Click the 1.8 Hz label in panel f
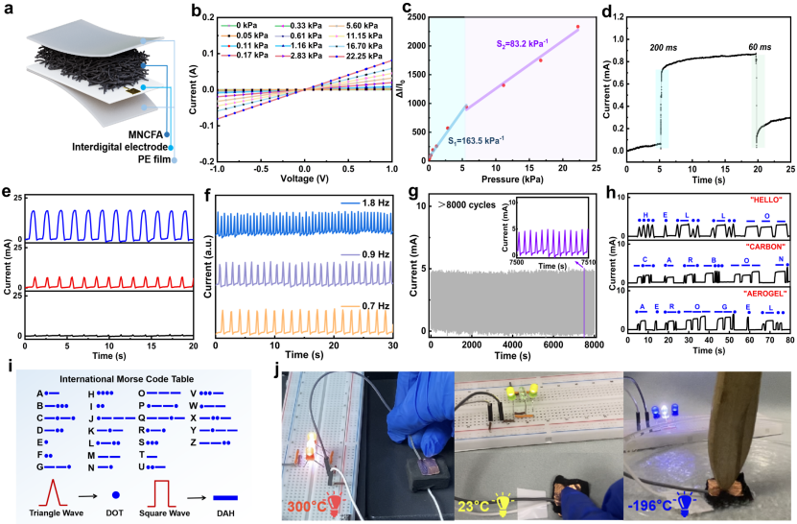tap(369, 203)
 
